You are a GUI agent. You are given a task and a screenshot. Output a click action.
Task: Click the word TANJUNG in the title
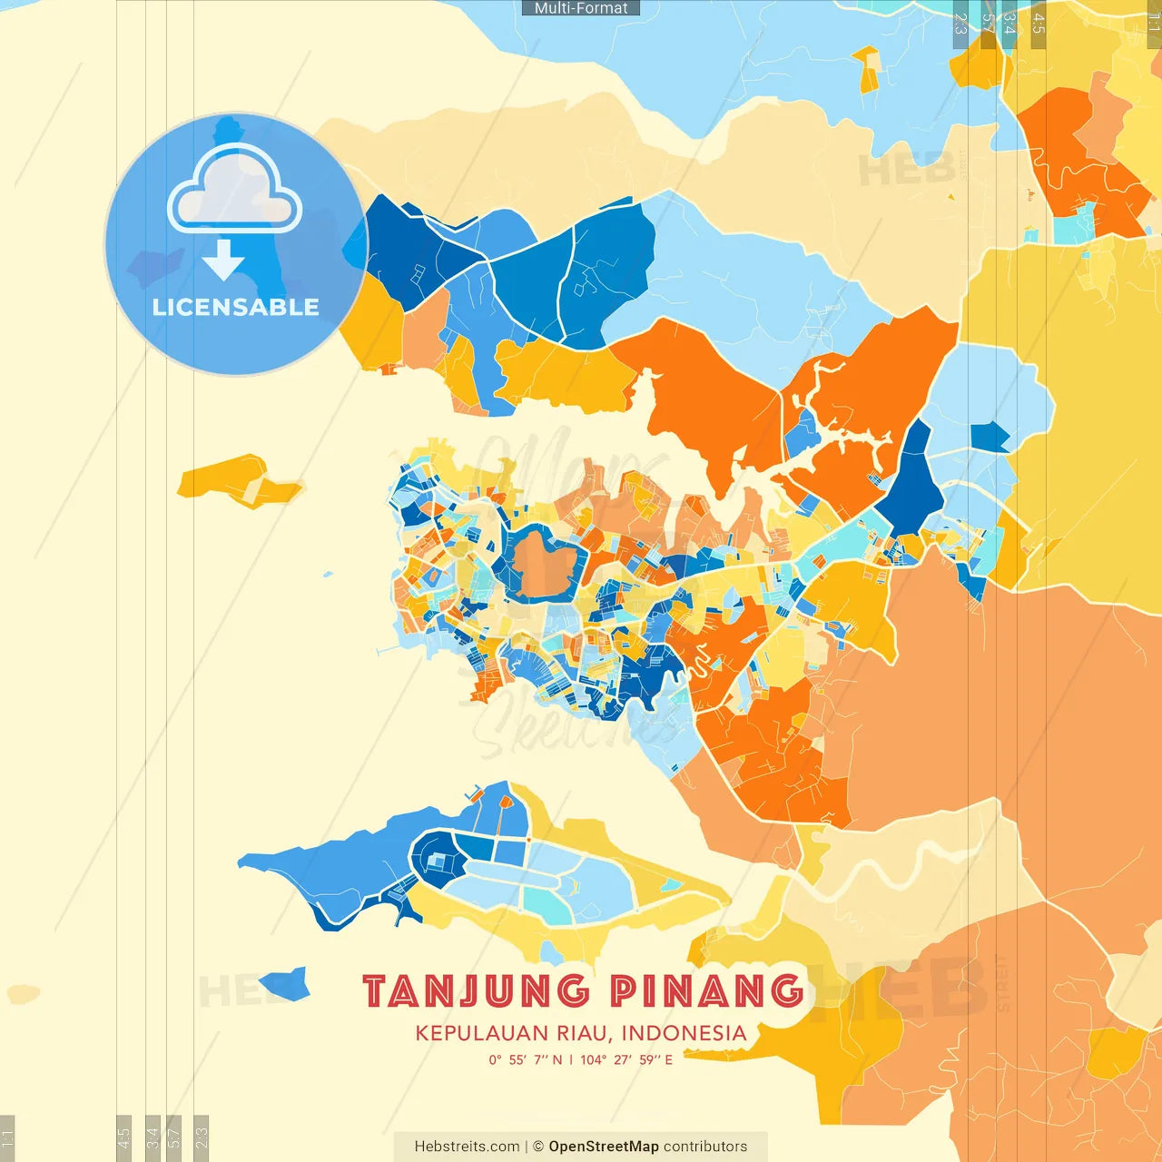coord(476,990)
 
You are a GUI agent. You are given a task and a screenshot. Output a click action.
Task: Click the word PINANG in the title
coord(706,990)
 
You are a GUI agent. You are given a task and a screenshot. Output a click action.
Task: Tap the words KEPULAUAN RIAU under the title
coord(513,1033)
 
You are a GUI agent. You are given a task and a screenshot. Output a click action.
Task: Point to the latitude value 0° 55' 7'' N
coord(526,1059)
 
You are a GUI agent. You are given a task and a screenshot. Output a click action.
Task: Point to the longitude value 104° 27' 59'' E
coord(626,1059)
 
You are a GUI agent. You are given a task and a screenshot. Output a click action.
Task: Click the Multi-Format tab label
coord(581,8)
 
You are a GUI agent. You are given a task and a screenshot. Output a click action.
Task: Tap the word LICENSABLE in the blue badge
coord(236,307)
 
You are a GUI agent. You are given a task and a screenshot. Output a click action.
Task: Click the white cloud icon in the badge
coord(235,189)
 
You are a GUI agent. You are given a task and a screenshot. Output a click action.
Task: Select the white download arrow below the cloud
coord(223,260)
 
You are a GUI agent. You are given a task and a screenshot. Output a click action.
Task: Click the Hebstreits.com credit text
coord(467,1147)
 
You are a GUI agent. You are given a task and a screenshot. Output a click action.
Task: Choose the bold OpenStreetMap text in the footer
coord(604,1147)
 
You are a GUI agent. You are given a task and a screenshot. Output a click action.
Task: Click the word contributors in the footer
coord(705,1147)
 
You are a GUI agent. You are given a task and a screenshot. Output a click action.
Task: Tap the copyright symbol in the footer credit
coord(538,1147)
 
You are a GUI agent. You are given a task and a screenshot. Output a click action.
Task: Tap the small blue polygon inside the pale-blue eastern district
coord(990,438)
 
